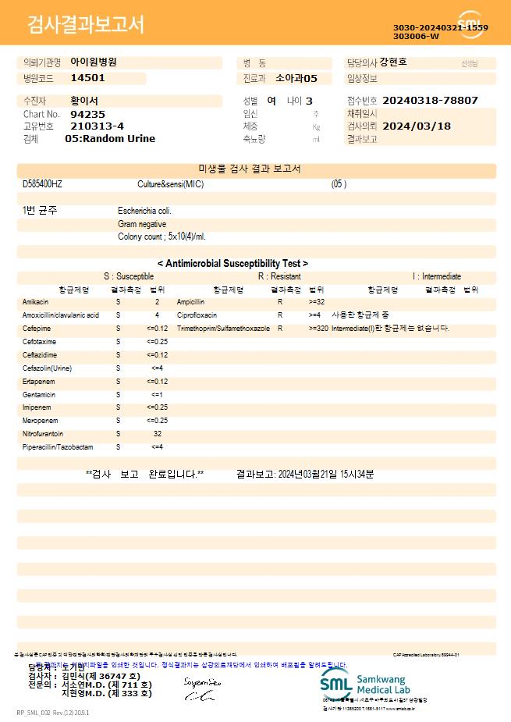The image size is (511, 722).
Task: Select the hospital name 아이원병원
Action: [x=94, y=62]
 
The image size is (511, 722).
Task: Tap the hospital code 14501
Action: [x=87, y=78]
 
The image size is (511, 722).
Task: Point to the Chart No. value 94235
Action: [x=87, y=114]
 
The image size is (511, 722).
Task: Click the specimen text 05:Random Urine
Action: [x=110, y=139]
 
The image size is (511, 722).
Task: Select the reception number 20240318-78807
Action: [x=431, y=101]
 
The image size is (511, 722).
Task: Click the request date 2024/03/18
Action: [x=417, y=126]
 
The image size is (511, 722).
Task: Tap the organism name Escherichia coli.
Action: [x=144, y=211]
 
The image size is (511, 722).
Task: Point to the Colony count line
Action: [x=161, y=236]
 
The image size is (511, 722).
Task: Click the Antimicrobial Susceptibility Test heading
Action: [x=232, y=264]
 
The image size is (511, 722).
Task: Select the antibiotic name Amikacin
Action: [x=36, y=301]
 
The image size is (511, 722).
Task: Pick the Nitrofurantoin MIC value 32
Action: [x=157, y=434]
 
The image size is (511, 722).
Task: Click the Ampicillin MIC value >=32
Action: [x=317, y=301]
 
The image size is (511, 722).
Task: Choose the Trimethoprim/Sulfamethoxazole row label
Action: [x=223, y=329]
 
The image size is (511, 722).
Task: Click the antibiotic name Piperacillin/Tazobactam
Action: [x=58, y=447]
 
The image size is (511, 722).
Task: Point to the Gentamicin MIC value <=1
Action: [x=157, y=394]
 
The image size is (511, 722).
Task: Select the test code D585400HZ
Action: [x=43, y=184]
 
